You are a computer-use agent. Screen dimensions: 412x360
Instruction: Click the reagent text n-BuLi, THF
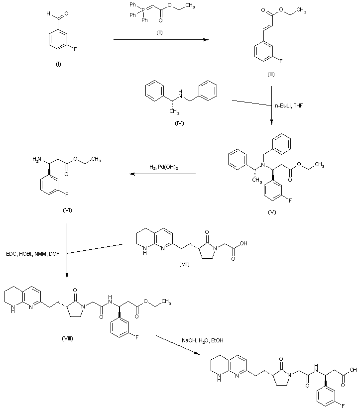(x=288, y=105)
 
